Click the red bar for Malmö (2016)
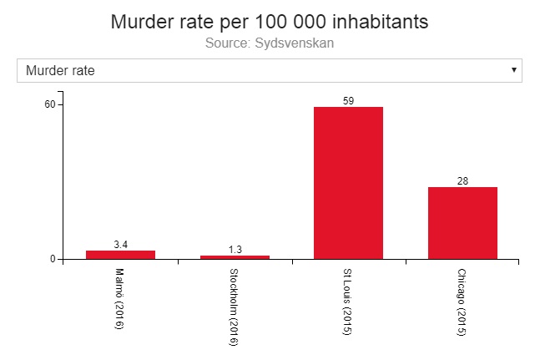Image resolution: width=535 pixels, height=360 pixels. point(120,254)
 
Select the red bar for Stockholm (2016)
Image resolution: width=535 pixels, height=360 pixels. point(235,256)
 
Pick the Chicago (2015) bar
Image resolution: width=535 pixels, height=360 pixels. point(462,222)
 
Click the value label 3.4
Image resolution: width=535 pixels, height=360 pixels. point(120,245)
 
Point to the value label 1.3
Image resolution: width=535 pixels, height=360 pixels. point(235,250)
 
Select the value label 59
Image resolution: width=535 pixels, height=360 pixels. point(348,101)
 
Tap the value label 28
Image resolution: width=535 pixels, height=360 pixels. point(462,181)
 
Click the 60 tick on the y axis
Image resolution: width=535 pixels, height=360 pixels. point(49,104)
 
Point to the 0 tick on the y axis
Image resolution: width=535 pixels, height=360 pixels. point(53,259)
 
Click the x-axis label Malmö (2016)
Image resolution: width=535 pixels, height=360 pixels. point(119,298)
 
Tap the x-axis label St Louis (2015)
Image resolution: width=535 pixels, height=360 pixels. point(348,302)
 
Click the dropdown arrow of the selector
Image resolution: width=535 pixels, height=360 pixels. point(513,70)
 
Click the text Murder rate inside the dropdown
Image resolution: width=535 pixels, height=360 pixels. point(60,70)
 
